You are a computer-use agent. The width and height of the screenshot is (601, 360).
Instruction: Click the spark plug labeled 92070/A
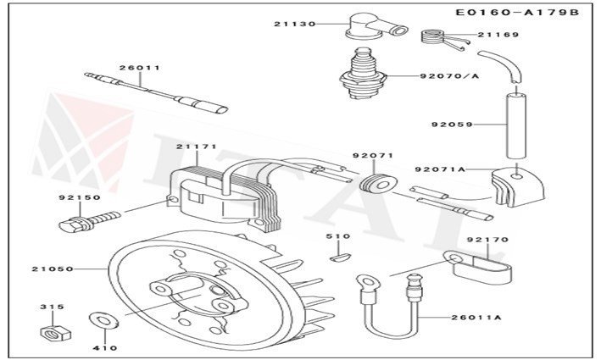(x=365, y=75)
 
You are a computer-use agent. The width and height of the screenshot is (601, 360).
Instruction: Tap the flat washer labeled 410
(x=103, y=321)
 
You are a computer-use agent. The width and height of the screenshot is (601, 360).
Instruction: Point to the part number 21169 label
(x=492, y=35)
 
